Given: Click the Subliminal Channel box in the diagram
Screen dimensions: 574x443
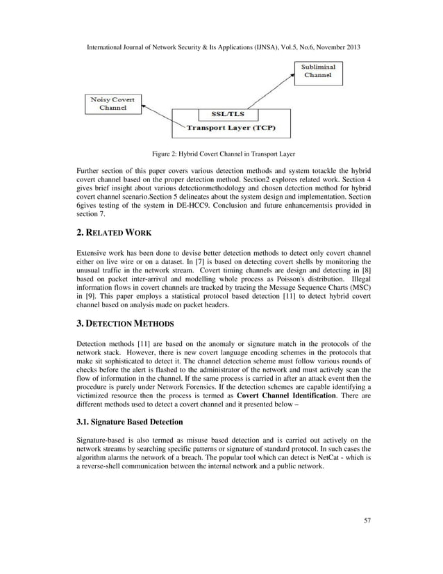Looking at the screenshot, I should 317,72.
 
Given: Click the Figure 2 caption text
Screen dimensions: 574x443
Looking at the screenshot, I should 221,154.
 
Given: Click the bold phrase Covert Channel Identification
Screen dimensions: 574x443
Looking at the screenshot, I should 285,395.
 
